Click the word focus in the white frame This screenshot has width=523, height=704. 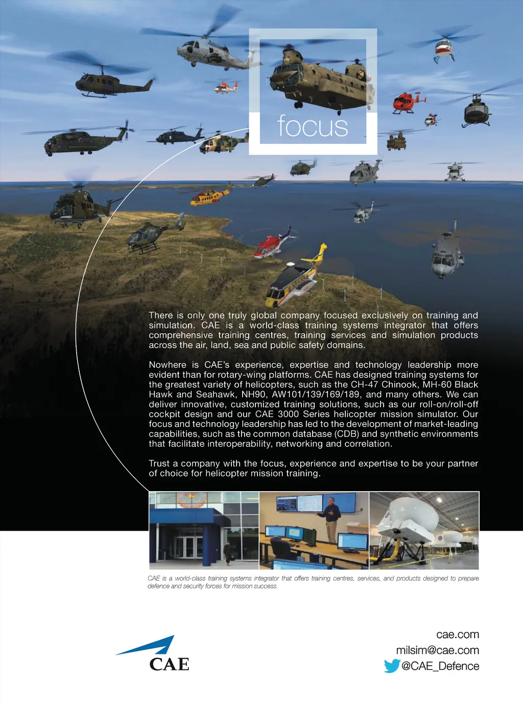(x=313, y=126)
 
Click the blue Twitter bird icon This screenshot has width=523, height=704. (x=392, y=666)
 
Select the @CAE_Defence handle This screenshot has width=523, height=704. (x=440, y=666)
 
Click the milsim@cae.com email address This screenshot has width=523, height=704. (x=437, y=650)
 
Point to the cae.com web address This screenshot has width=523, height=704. (x=457, y=635)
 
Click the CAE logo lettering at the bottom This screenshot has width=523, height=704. (x=169, y=664)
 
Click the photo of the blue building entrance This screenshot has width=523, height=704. (x=204, y=531)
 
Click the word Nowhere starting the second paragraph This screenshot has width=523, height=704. (x=168, y=365)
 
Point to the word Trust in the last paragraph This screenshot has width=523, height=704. (x=159, y=464)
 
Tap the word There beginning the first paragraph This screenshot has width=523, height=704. (x=161, y=315)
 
